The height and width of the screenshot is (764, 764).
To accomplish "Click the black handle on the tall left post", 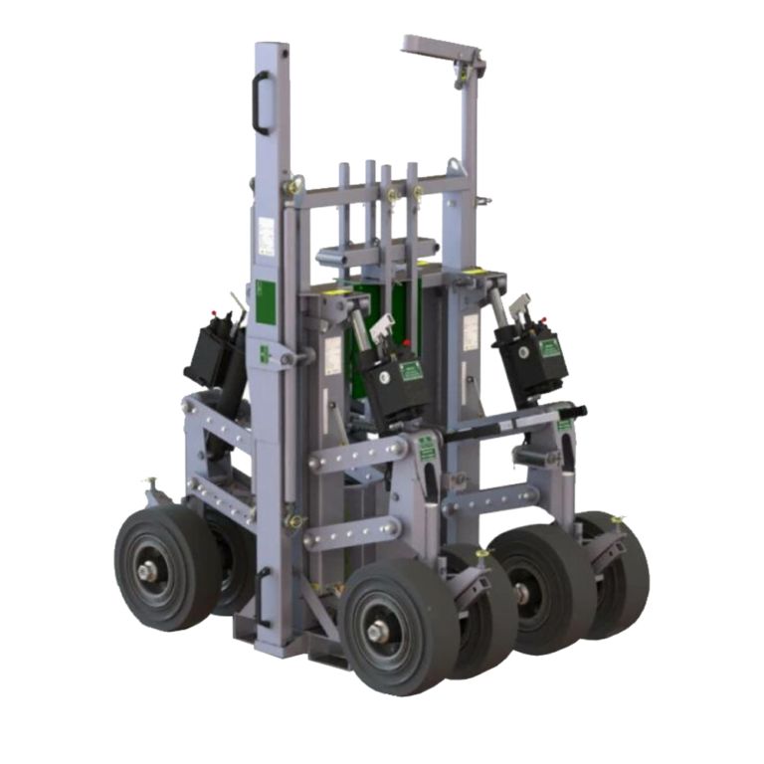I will pos(262,103).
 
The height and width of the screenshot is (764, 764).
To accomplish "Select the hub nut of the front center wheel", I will pos(378,631).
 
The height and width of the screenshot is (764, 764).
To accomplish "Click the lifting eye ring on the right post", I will pos(454,166).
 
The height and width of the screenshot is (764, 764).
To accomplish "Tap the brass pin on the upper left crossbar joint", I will pos(295,184).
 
